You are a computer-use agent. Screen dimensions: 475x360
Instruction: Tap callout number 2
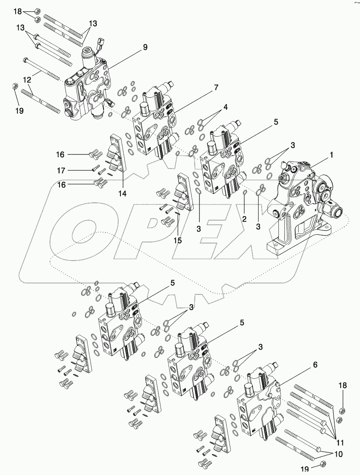tap(244, 219)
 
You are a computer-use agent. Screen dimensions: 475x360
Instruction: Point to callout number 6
tap(315, 365)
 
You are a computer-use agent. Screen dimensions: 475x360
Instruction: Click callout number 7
tap(216, 88)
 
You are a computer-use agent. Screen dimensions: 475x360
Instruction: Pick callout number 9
tap(145, 47)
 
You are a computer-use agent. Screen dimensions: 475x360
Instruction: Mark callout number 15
tap(177, 240)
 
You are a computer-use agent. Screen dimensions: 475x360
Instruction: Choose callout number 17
tap(61, 170)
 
